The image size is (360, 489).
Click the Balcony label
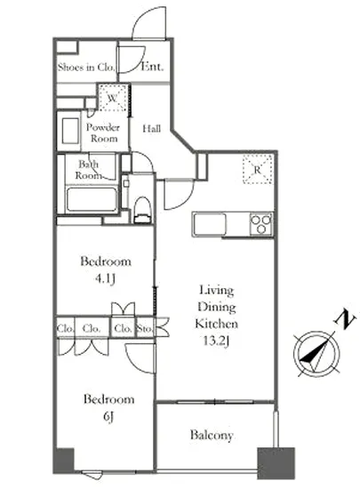point(212,435)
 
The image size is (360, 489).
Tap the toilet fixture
point(142,209)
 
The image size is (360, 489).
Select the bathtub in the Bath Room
point(92,199)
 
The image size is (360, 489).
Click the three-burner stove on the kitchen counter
point(261,224)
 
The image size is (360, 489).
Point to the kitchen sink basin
point(210,224)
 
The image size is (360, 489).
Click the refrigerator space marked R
point(258,170)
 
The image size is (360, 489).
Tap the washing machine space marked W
point(113,98)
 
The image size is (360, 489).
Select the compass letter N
point(345,318)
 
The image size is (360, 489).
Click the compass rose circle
point(316,353)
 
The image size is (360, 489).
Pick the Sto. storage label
point(145,328)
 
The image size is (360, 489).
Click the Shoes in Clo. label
point(86,67)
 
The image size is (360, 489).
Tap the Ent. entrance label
point(152,67)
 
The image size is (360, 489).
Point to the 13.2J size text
point(216,341)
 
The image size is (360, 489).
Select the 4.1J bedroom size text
point(106,278)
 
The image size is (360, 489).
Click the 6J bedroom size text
point(108,416)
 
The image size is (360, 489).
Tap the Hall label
point(151,128)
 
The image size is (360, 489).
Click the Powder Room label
point(103,132)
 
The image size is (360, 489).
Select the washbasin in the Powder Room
point(70,131)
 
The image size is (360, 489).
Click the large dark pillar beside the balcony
point(276,463)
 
